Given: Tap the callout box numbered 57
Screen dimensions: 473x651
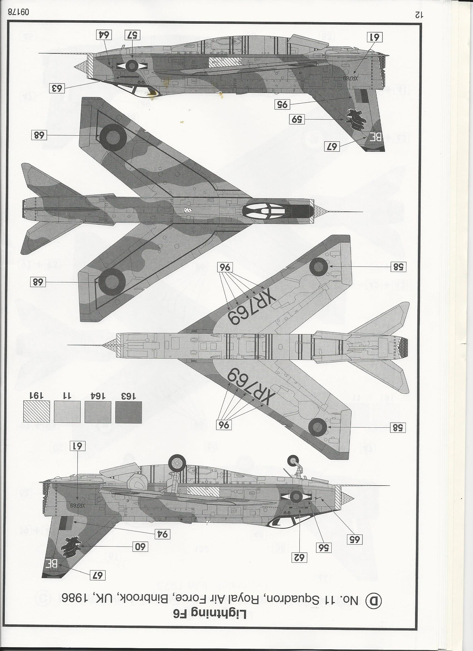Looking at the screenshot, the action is [x=132, y=36].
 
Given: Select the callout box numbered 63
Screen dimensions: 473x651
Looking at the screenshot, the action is [x=57, y=88].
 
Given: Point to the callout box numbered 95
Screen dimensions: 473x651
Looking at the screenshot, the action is [x=282, y=104].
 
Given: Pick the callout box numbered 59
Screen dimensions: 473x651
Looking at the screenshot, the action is [x=297, y=119].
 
